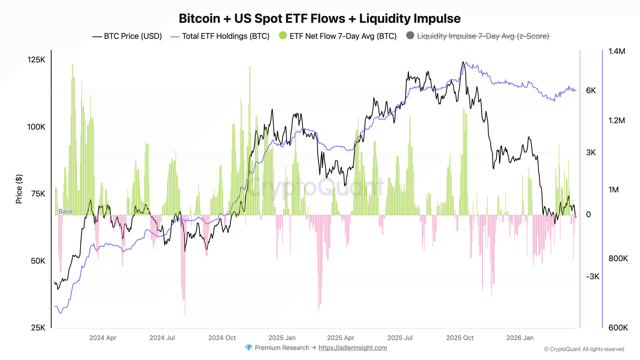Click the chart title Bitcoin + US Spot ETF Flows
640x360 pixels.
(x=319, y=19)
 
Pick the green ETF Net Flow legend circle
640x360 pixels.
(x=283, y=36)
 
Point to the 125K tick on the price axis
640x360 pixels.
(x=36, y=60)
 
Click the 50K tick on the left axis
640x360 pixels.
(x=38, y=261)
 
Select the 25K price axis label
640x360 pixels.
(x=38, y=328)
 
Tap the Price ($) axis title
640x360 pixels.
(x=19, y=189)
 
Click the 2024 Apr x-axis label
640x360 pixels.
(x=103, y=338)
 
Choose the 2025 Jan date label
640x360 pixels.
(x=282, y=338)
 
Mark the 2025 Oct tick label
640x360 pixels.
(x=460, y=338)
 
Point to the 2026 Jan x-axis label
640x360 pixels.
(x=520, y=338)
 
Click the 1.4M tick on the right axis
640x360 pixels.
(x=617, y=51)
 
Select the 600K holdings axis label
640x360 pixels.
(x=618, y=328)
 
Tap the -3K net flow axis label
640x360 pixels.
(x=592, y=276)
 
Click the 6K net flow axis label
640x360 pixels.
(x=591, y=91)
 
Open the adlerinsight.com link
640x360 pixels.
(x=353, y=348)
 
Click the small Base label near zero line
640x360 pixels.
(x=66, y=212)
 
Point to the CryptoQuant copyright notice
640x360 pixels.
(x=584, y=349)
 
